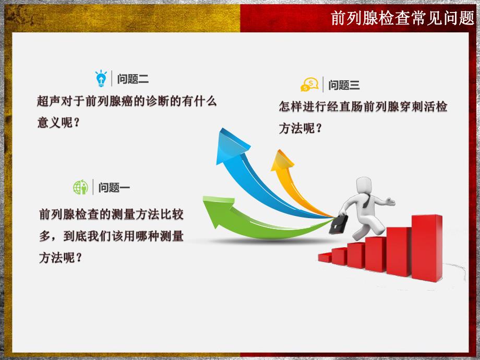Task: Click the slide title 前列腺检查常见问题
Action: [402, 19]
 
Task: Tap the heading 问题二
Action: [133, 79]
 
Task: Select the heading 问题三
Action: [344, 85]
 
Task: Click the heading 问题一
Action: [114, 188]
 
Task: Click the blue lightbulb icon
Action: [101, 78]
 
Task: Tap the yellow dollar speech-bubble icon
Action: [309, 85]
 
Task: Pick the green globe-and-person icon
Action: [81, 187]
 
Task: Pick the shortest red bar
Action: [325, 257]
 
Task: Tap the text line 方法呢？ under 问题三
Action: [300, 128]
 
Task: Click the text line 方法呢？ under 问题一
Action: [61, 258]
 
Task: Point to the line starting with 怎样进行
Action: [363, 107]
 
